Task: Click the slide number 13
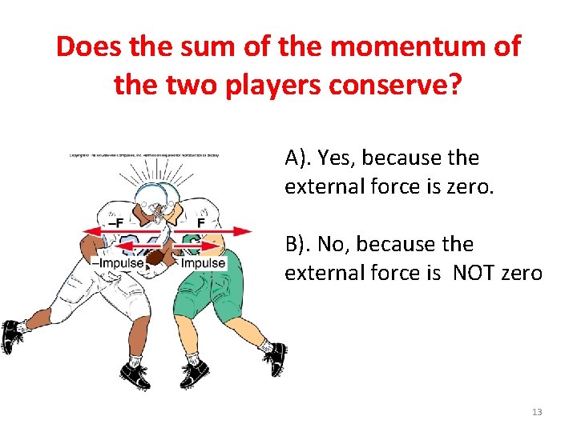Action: pyautogui.click(x=536, y=412)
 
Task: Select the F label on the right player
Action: pyautogui.click(x=202, y=222)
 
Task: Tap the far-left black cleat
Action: pyautogui.click(x=10, y=336)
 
